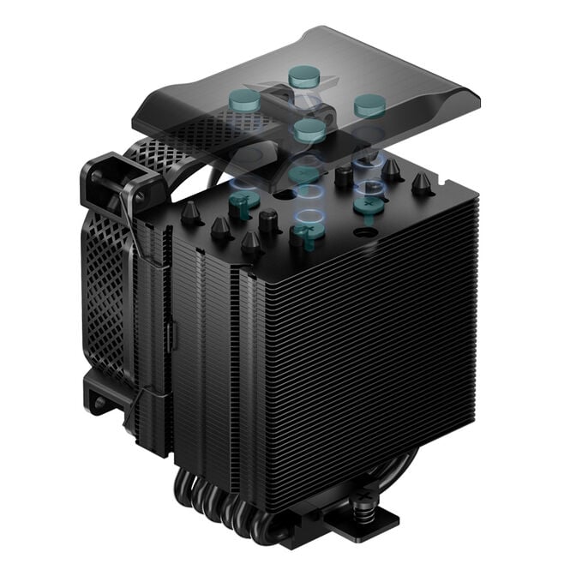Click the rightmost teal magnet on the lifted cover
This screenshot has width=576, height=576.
tap(369, 105)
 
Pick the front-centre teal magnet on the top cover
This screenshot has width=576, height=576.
tap(309, 129)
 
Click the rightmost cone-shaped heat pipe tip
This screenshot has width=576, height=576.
tap(421, 183)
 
